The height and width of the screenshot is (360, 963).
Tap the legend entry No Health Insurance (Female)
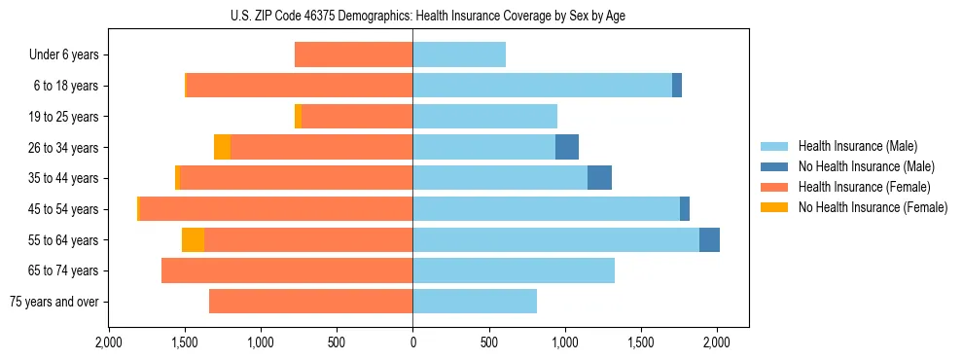(873, 207)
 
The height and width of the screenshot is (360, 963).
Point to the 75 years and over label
(53, 302)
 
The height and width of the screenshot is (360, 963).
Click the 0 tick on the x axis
(412, 343)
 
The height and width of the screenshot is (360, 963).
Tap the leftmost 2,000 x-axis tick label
(108, 343)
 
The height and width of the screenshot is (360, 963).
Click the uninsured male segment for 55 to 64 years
(709, 240)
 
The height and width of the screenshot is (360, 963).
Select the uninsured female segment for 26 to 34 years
(222, 147)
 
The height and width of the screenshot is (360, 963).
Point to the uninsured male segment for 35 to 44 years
(599, 178)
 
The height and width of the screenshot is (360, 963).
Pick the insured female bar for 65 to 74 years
(287, 270)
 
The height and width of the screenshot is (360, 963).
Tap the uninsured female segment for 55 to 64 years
(193, 240)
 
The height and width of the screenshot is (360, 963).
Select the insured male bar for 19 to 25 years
(484, 117)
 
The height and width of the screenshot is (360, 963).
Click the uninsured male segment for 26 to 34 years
(567, 147)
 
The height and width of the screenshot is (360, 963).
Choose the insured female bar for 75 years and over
(311, 302)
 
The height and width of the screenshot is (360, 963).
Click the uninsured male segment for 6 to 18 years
(677, 86)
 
